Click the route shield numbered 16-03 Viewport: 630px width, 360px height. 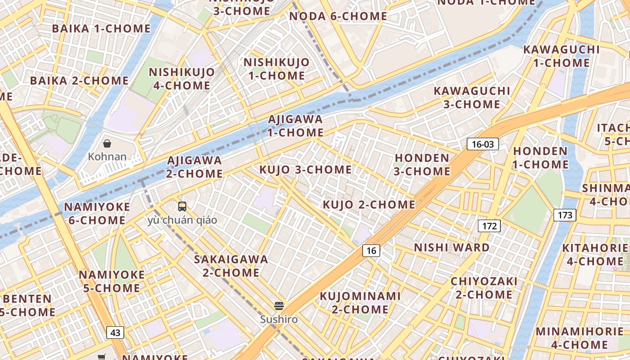(483, 144)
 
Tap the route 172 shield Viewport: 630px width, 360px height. (489, 226)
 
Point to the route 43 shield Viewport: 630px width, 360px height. (115, 333)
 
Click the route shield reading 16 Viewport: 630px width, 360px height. (371, 251)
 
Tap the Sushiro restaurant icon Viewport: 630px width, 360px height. (279, 306)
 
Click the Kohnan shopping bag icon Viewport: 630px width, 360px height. (107, 144)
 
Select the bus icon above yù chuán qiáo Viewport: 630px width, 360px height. (182, 207)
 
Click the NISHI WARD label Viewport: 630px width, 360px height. (452, 247)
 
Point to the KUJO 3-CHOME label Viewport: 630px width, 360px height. (306, 170)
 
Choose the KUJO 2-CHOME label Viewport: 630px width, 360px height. (369, 205)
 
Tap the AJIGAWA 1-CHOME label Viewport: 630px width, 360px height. (296, 126)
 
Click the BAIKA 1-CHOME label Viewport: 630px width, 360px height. (101, 28)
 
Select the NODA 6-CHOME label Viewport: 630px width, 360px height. (338, 16)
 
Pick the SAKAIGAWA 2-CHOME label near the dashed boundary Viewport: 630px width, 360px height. (231, 266)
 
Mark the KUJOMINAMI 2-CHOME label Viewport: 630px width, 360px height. (360, 302)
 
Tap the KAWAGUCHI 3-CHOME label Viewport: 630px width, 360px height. (472, 98)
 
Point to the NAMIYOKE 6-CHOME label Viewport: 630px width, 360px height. (97, 214)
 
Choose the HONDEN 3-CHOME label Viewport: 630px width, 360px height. (422, 165)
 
